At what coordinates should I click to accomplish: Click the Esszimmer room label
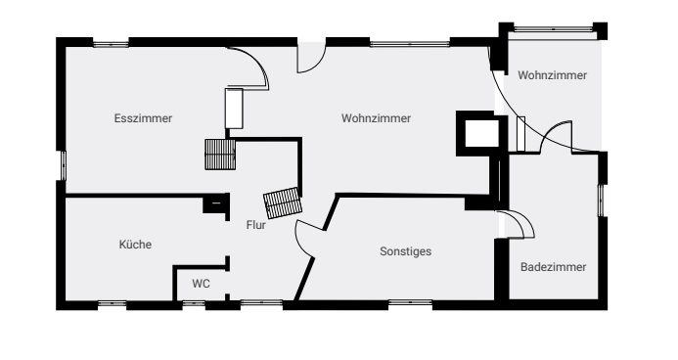click(143, 118)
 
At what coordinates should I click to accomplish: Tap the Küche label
click(135, 245)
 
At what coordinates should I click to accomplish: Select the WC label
click(202, 284)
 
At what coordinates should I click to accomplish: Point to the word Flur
click(256, 225)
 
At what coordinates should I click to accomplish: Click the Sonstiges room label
click(406, 251)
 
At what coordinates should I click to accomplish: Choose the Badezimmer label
click(554, 267)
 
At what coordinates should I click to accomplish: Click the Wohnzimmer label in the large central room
click(377, 118)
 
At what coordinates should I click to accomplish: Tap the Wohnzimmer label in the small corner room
click(553, 75)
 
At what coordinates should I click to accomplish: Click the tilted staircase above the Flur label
click(283, 202)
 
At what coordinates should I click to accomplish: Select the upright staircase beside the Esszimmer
click(220, 155)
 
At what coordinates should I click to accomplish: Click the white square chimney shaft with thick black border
click(481, 134)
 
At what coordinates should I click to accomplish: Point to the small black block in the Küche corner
click(215, 203)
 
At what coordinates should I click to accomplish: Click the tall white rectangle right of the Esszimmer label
click(234, 109)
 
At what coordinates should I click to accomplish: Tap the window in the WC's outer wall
click(194, 304)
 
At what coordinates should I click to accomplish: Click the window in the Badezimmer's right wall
click(601, 201)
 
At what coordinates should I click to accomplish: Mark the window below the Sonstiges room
click(410, 302)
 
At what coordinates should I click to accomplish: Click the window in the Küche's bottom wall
click(112, 304)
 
